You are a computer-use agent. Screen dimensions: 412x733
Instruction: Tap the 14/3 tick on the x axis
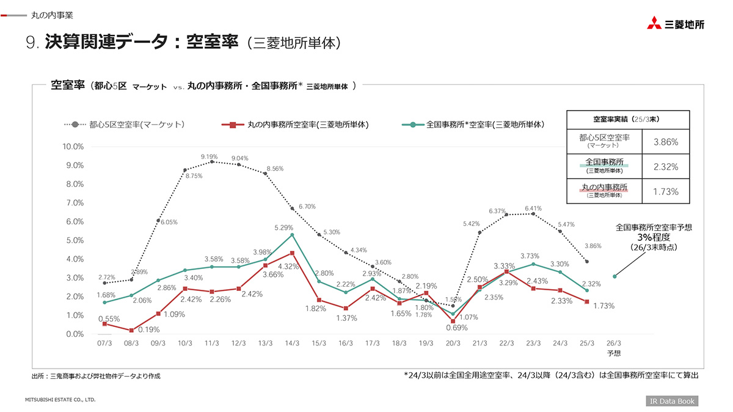[x=292, y=344]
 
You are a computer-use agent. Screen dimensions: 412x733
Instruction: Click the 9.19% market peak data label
[x=210, y=157]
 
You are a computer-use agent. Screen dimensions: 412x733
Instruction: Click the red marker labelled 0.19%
[x=131, y=330]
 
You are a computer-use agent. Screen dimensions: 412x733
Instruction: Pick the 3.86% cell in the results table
[x=666, y=142]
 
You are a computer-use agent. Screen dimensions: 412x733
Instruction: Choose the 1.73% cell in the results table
[x=666, y=191]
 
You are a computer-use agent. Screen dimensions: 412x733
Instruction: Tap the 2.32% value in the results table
[x=666, y=166]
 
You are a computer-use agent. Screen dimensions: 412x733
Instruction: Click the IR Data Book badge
[x=672, y=401]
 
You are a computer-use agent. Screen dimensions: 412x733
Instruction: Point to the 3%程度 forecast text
[x=654, y=237]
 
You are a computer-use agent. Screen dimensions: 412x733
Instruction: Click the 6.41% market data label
[x=533, y=208]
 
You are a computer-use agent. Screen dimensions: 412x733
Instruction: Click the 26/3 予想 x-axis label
[x=614, y=348]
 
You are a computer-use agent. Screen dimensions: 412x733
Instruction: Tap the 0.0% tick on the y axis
[x=75, y=334]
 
